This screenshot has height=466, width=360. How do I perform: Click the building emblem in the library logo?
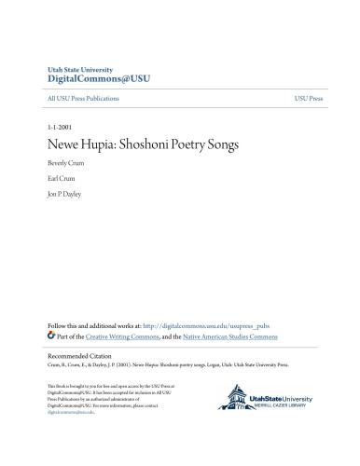pyautogui.click(x=231, y=401)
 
